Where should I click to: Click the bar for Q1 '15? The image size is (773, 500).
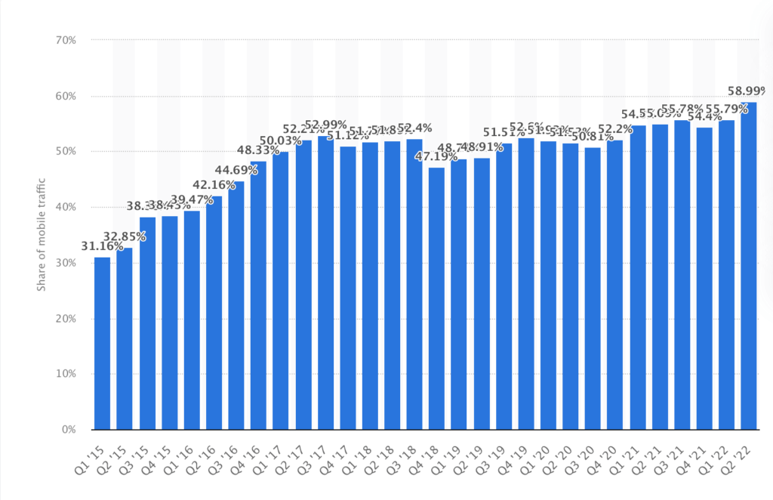tap(102, 344)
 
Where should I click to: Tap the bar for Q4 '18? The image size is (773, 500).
tap(436, 298)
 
